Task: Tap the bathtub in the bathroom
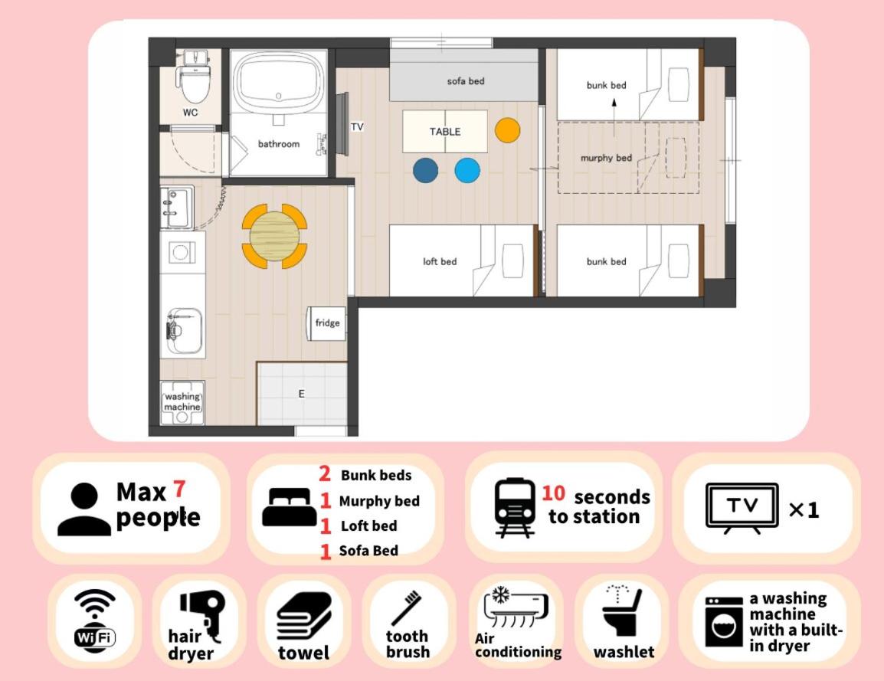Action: coord(279,81)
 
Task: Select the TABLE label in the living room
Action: coord(445,131)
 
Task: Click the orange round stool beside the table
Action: coord(507,130)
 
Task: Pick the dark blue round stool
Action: coord(426,170)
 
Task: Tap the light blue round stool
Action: coord(467,170)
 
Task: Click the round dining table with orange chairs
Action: coord(275,236)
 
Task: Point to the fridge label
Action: coord(328,323)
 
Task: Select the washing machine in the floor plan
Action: coord(182,402)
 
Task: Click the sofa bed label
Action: coord(466,81)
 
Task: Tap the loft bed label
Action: coord(440,261)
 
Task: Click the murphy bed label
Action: coord(606,158)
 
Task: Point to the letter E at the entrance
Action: coord(302,394)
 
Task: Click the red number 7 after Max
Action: coord(178,489)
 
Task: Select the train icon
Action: coord(514,508)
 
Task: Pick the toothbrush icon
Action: coord(406,607)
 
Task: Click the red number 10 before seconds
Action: coord(554,493)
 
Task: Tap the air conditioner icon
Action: coord(516,607)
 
